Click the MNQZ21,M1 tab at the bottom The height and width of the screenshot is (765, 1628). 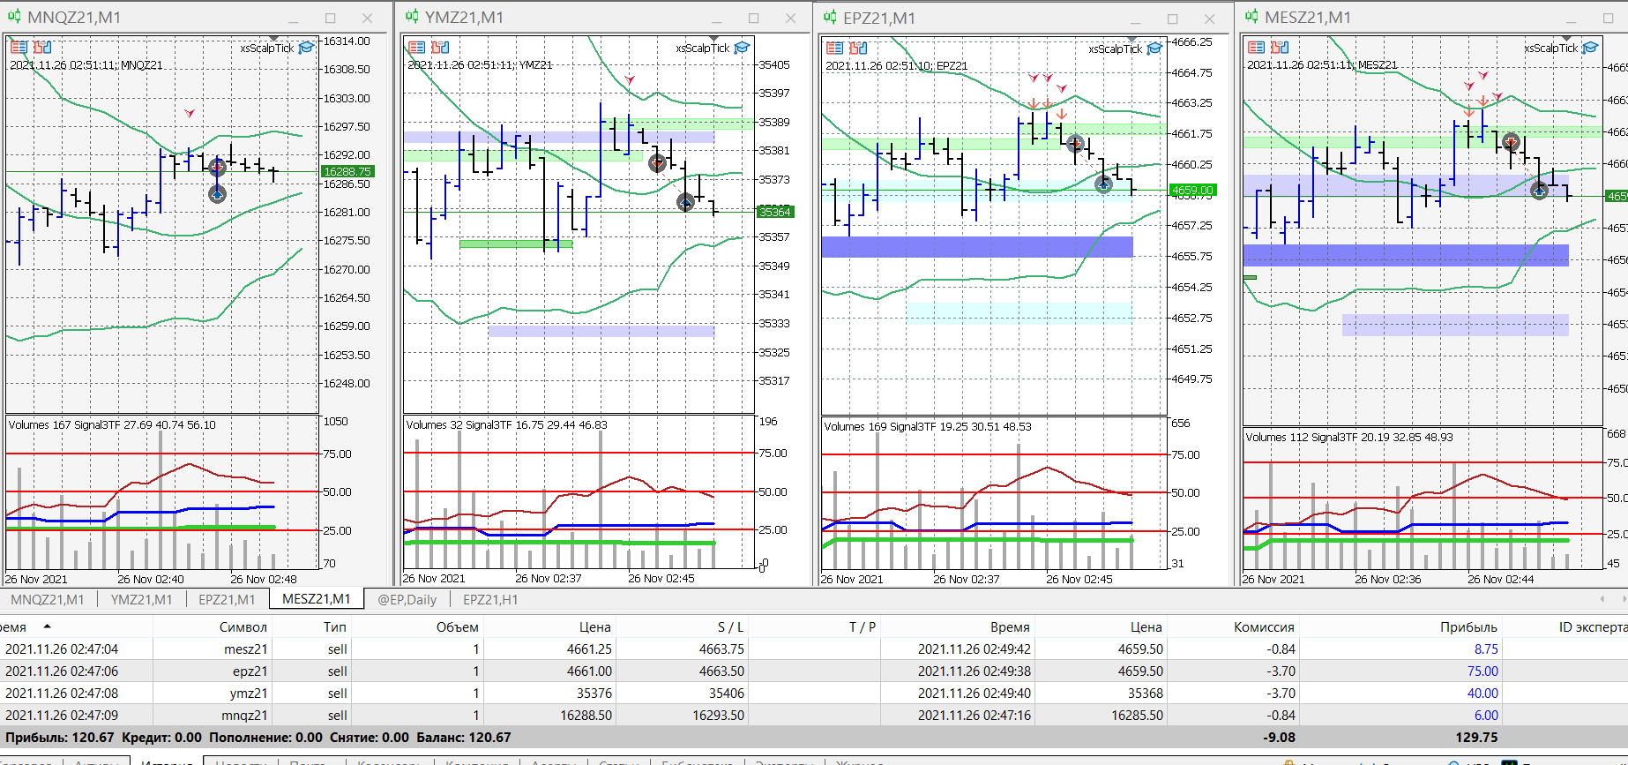click(48, 599)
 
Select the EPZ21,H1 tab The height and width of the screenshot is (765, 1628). click(490, 599)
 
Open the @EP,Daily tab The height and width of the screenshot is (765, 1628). click(407, 599)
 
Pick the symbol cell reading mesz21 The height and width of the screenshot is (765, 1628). click(245, 649)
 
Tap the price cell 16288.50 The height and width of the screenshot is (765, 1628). click(586, 716)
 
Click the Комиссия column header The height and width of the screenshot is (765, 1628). click(1263, 627)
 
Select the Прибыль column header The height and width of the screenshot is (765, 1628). click(1467, 627)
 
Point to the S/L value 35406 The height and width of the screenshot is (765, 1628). click(726, 694)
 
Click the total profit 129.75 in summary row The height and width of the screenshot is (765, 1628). click(1476, 738)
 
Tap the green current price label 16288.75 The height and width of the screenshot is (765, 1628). click(347, 172)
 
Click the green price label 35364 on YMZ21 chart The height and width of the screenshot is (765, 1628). click(774, 212)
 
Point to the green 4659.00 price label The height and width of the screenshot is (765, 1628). click(1191, 190)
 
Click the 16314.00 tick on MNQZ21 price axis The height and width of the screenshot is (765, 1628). click(347, 41)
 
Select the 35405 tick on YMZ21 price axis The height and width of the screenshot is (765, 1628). click(774, 64)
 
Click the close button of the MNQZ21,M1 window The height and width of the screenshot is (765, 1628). click(368, 18)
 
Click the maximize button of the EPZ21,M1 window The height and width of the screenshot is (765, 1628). click(1172, 19)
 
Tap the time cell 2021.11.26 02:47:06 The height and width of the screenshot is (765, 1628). click(62, 671)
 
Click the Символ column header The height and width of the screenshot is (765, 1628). click(243, 627)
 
